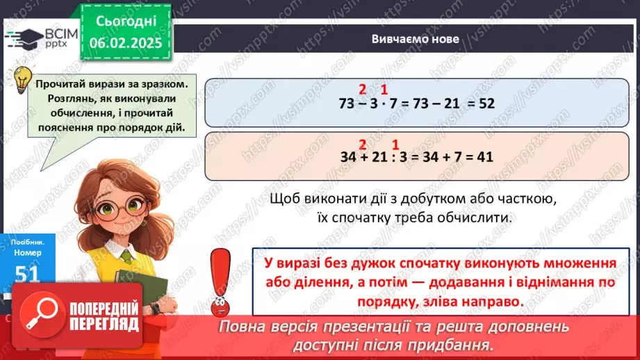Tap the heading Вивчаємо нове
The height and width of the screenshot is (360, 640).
coord(415,39)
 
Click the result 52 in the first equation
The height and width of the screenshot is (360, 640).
coord(486,102)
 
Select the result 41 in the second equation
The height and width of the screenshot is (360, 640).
coord(484,157)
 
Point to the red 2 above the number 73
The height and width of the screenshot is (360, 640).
coord(362,89)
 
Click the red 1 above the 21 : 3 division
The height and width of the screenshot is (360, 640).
coord(395,145)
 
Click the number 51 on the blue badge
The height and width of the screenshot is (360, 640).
coord(26,275)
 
